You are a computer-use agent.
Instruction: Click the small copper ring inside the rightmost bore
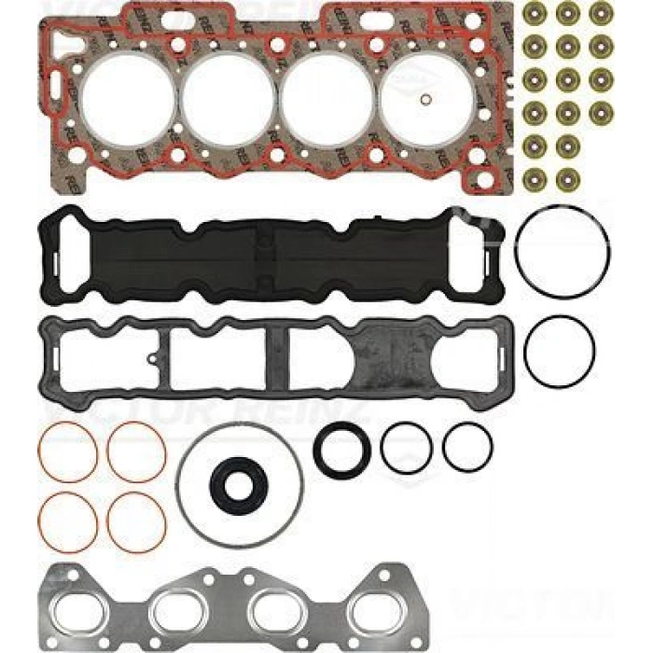tap(424, 102)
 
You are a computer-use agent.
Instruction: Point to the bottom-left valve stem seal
tap(535, 177)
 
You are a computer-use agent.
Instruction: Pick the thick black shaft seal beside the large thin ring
tap(341, 450)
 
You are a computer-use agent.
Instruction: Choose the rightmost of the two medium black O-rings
tap(466, 447)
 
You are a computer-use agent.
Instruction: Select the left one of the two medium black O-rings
tap(405, 447)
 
